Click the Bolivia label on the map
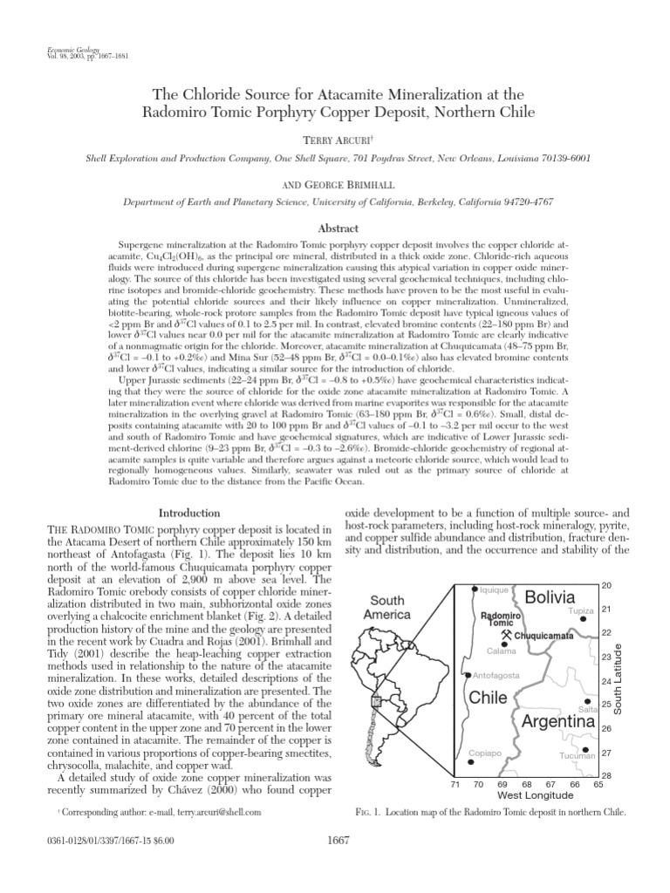(550, 597)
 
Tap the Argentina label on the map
(558, 723)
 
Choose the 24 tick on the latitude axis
(606, 680)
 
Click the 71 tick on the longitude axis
(455, 785)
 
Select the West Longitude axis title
(528, 796)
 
